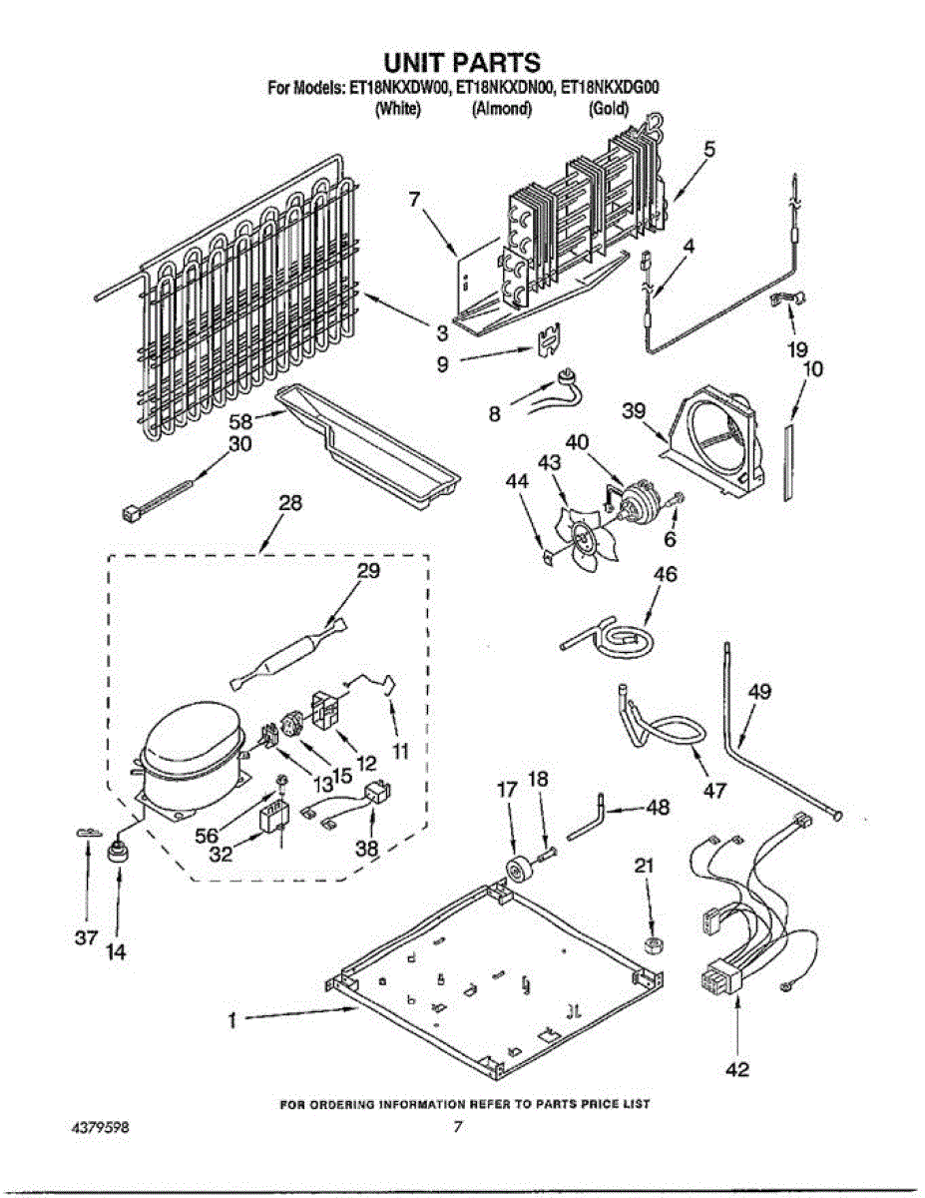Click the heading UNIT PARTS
point(462,64)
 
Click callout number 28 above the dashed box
point(289,503)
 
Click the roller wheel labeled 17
point(519,869)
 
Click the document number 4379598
point(99,1128)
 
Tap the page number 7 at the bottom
point(458,1128)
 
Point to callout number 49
point(758,691)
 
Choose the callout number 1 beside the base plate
point(231,1020)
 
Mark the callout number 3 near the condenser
point(440,332)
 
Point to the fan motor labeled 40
point(633,498)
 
